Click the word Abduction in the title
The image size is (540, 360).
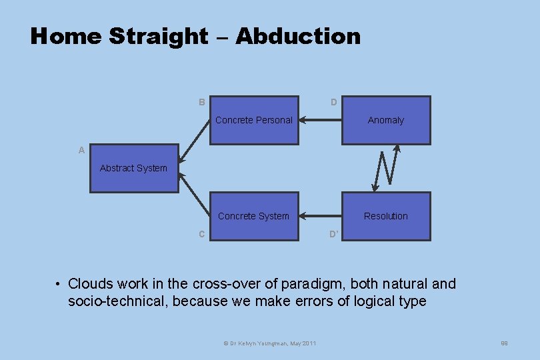tap(297, 36)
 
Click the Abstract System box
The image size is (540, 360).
tap(134, 168)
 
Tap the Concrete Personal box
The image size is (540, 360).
tap(254, 120)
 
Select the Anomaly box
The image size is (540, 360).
tap(386, 120)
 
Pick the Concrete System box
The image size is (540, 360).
tap(254, 216)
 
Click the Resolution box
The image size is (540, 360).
tap(386, 216)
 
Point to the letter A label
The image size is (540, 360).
tap(81, 151)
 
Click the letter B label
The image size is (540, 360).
tap(201, 102)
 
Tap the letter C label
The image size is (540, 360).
tap(201, 234)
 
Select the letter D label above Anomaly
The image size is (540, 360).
tap(333, 102)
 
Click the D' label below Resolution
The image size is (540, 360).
tap(334, 234)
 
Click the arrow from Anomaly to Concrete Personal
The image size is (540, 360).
tap(320, 121)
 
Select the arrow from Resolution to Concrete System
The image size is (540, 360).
tap(320, 216)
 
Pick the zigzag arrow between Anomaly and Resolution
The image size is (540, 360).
tap(386, 168)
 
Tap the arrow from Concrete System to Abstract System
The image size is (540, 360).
tap(195, 195)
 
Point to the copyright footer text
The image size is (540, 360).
tap(270, 343)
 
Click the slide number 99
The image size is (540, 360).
tap(505, 343)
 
